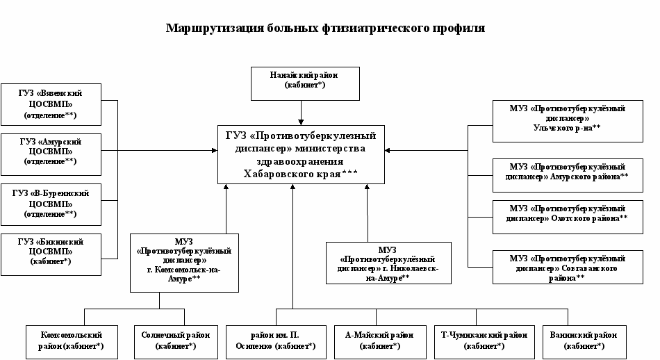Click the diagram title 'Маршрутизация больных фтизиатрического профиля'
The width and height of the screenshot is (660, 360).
(x=325, y=28)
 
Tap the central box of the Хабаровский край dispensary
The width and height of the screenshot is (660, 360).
(x=301, y=154)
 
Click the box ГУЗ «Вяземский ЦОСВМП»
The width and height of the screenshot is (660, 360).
(x=50, y=104)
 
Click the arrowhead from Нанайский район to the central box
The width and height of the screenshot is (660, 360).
(x=302, y=120)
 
